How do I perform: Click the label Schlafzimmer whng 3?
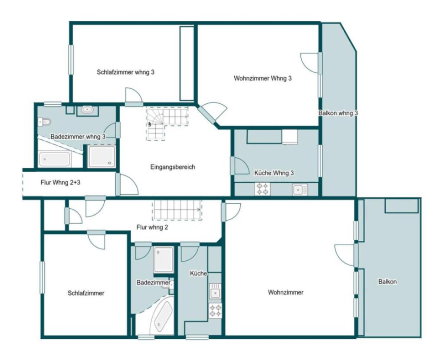coord(125,72)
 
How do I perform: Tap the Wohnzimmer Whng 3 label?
coord(263,78)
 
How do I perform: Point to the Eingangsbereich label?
coord(173,167)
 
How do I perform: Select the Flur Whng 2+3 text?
coord(60,183)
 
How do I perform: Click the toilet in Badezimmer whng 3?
coord(44,122)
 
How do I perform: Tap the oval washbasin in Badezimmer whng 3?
coord(87,110)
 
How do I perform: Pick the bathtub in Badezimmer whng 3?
coord(55,159)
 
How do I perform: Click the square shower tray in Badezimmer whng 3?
coord(102,157)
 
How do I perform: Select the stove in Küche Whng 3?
coord(262,189)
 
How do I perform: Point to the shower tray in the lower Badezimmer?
coord(164,260)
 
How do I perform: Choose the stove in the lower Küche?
coord(215,311)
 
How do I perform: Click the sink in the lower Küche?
coord(215,291)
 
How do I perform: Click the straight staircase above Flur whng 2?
coord(177,210)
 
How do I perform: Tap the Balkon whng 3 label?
coord(338,113)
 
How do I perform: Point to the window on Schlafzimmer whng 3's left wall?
coord(71,60)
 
